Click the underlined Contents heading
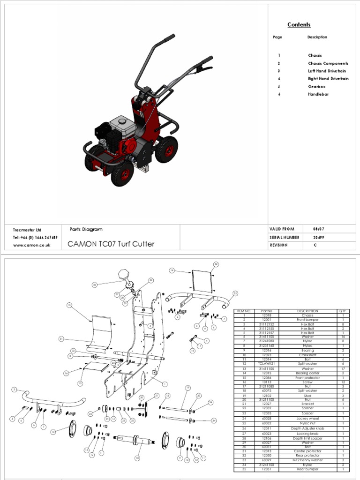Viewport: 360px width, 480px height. [x=299, y=24]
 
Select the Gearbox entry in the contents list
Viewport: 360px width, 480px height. [x=316, y=87]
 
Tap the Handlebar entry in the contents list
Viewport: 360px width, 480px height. [x=318, y=94]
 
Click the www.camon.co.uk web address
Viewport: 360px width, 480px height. [x=31, y=245]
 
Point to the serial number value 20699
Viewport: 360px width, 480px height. [x=318, y=237]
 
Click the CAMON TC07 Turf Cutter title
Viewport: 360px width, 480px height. [x=111, y=244]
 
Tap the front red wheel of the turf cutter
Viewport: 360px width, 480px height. [x=121, y=174]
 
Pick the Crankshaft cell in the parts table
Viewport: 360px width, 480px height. [x=307, y=355]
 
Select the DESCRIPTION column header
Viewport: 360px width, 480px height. [x=307, y=311]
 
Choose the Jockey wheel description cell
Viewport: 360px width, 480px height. [x=307, y=419]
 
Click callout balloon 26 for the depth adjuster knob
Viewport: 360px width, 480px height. [x=95, y=285]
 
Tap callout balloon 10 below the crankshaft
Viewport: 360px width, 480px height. [x=137, y=458]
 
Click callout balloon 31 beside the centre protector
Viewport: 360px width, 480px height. [x=61, y=338]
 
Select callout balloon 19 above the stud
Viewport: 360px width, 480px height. [x=187, y=387]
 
